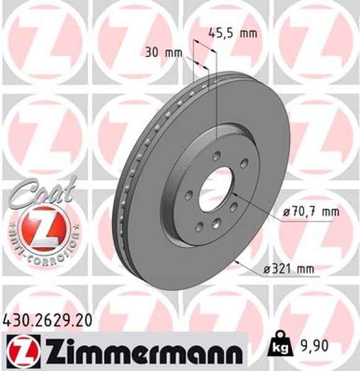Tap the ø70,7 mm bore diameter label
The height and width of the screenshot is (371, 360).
311,212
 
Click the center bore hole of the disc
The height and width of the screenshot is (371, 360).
216,190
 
